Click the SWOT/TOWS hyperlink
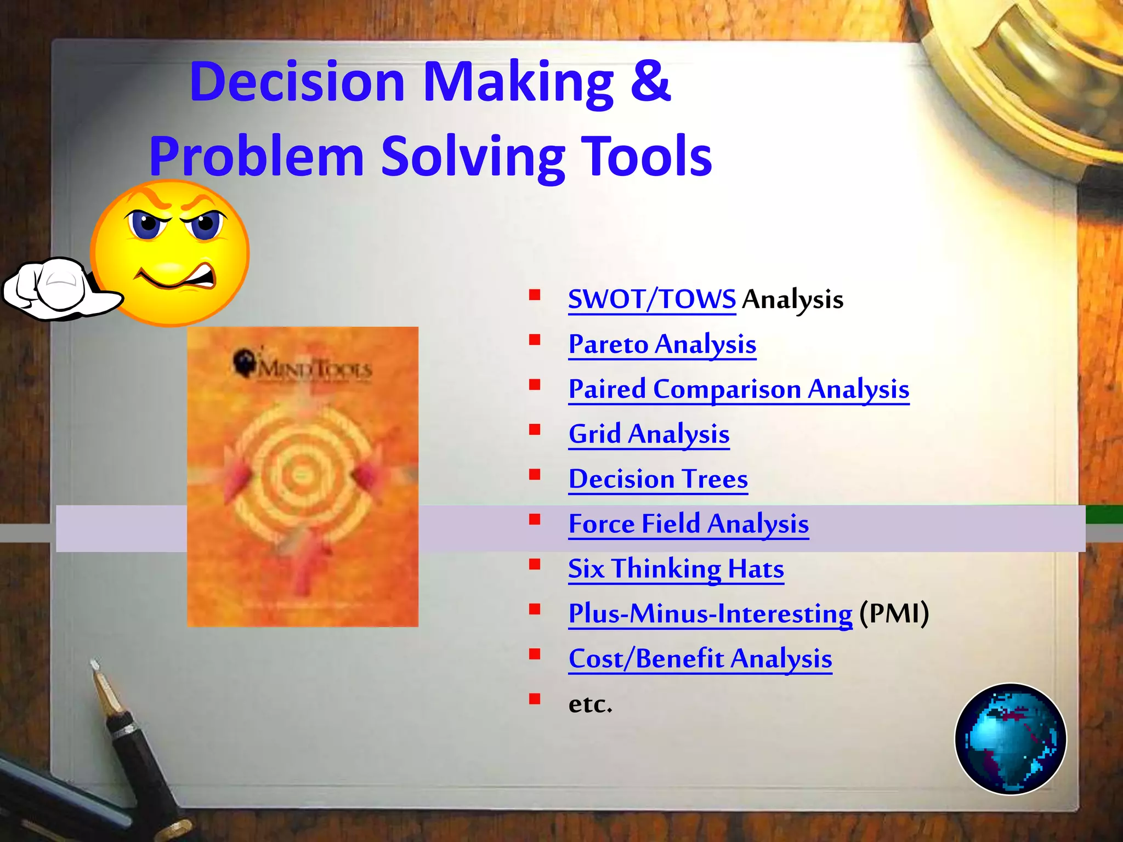pos(651,299)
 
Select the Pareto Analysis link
pos(662,344)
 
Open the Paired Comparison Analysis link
pos(738,389)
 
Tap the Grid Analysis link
pos(649,434)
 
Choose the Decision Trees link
pos(657,479)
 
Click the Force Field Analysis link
pos(688,524)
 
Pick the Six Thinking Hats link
pos(676,569)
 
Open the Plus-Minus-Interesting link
pos(710,614)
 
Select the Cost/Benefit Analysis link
pos(700,659)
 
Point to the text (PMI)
pos(894,613)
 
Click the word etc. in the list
pos(590,704)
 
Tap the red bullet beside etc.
pos(535,698)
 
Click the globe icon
pos(1010,738)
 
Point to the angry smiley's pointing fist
pos(55,288)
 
